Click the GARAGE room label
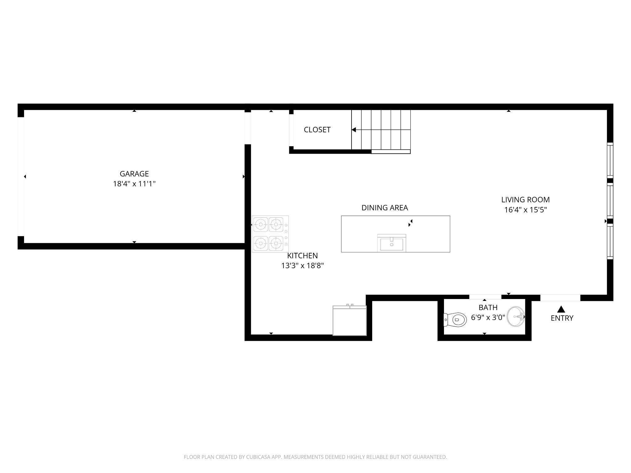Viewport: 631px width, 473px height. tap(134, 174)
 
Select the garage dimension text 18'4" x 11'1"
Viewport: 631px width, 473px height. tap(134, 184)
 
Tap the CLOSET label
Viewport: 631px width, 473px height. tap(317, 130)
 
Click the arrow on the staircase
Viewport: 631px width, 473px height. tap(354, 130)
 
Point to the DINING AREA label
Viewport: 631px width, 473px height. tap(385, 208)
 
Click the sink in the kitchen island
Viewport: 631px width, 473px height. tap(392, 243)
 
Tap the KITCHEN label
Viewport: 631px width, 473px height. tap(302, 256)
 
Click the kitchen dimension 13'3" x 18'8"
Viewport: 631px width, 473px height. tap(302, 265)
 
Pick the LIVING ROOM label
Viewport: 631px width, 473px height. tap(525, 200)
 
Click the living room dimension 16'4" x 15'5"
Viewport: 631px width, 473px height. tap(525, 210)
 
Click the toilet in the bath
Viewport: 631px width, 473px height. tap(455, 320)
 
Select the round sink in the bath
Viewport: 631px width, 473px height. tap(515, 316)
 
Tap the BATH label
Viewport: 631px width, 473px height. tap(488, 307)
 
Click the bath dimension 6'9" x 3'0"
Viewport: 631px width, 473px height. tap(488, 317)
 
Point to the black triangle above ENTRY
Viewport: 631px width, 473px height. tap(561, 309)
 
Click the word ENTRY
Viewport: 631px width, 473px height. tap(562, 318)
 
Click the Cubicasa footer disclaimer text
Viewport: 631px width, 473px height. tap(315, 457)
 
